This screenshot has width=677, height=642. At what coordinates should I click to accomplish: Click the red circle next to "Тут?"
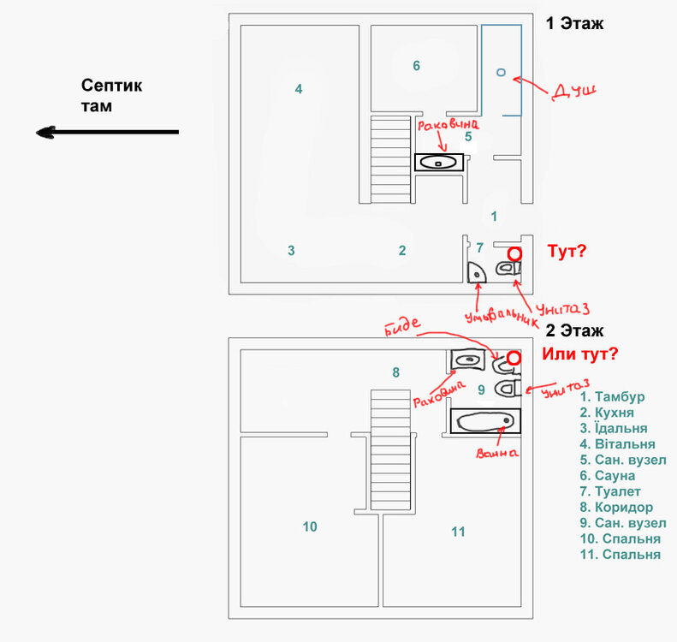(514, 253)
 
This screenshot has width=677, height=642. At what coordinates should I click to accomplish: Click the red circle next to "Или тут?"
(514, 358)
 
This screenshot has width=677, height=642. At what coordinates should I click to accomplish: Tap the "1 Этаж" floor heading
(574, 24)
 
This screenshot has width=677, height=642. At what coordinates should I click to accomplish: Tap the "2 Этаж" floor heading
(574, 330)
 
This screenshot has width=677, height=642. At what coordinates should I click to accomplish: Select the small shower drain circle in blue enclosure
(501, 73)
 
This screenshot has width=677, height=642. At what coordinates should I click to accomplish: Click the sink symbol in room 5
(439, 162)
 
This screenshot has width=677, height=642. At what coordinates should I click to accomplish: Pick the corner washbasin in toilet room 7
(476, 271)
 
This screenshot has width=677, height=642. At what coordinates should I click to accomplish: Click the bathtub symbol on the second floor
(484, 421)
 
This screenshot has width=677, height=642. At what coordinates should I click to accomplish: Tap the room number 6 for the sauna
(416, 66)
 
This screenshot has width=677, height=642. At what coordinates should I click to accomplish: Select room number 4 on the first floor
(298, 88)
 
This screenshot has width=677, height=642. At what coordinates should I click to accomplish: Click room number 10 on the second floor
(310, 526)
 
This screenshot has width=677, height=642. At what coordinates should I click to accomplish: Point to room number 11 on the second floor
(458, 532)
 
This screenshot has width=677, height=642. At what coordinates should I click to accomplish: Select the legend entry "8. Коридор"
(616, 507)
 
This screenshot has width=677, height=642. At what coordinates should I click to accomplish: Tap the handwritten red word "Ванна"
(496, 452)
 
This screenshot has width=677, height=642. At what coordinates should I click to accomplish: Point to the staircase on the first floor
(390, 158)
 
